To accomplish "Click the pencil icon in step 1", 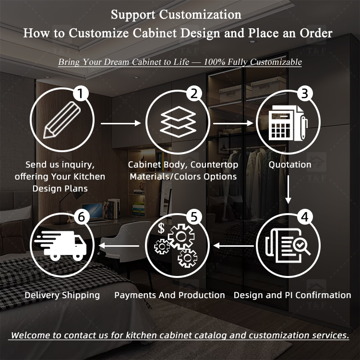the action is (62, 120).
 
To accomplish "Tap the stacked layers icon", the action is (178, 122).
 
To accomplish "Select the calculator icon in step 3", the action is (288, 123).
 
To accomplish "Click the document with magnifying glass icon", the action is (288, 245).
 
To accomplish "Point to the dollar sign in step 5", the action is (161, 228).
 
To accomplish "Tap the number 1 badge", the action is (80, 94).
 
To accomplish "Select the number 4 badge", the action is (305, 217).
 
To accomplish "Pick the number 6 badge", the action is (82, 217).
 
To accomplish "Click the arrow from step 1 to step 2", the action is (121, 123).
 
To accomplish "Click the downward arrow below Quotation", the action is (288, 190).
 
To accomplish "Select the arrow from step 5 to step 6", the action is (119, 246).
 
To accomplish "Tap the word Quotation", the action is (290, 165).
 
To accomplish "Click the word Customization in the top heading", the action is (200, 15).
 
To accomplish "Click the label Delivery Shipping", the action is (62, 295).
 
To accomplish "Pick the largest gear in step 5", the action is (181, 236).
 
